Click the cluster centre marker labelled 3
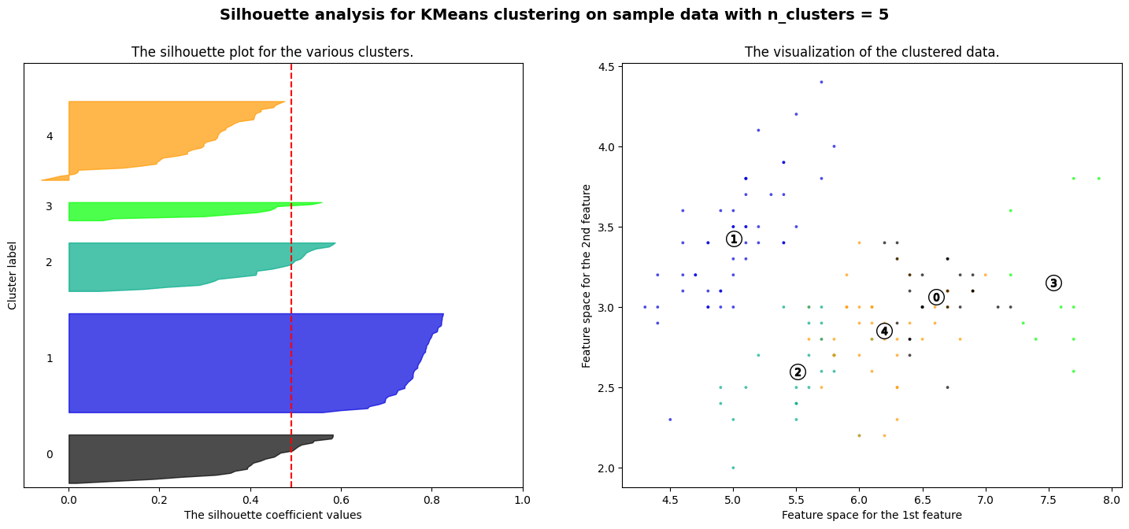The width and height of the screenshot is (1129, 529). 1053,283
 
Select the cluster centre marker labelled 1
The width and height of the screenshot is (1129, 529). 734,239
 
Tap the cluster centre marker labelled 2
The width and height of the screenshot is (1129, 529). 798,372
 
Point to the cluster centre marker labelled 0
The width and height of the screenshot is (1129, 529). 935,297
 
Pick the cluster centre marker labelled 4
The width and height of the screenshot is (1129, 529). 884,331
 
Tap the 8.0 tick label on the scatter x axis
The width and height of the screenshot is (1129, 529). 1111,499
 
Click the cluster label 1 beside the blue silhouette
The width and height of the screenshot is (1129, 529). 50,358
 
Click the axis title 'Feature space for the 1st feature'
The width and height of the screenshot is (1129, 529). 872,515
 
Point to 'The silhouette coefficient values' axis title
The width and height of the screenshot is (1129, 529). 272,515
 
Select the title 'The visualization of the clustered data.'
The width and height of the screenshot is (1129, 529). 872,53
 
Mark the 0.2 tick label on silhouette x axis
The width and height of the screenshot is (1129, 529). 160,499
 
